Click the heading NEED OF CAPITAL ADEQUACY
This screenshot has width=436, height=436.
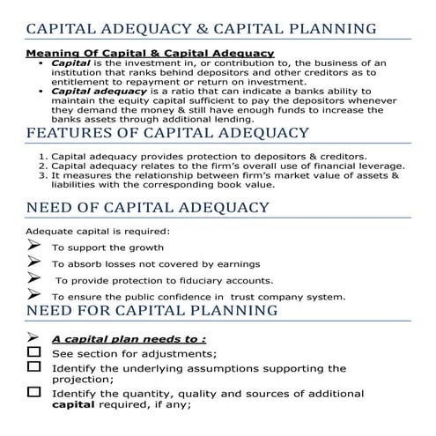pyautogui.click(x=148, y=208)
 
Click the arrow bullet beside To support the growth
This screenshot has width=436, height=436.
pyautogui.click(x=33, y=248)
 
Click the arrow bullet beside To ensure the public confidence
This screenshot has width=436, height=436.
pyautogui.click(x=33, y=294)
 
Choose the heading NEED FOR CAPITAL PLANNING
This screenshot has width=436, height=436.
pyautogui.click(x=152, y=311)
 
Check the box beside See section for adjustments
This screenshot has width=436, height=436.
pyautogui.click(x=33, y=352)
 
